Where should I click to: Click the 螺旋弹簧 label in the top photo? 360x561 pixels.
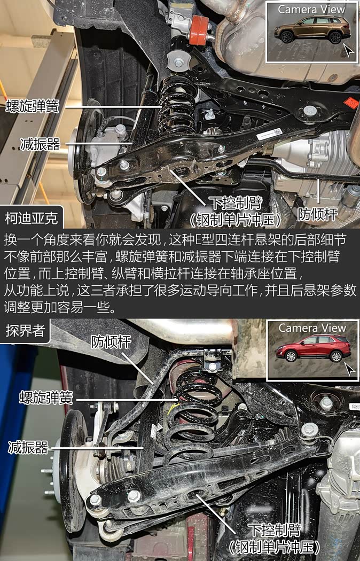pos(32,106)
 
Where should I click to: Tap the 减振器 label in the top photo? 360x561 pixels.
pos(40,144)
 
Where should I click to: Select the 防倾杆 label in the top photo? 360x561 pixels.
pos(318,214)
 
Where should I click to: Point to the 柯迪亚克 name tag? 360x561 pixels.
pos(32,218)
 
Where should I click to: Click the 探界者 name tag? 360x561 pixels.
pos(25,331)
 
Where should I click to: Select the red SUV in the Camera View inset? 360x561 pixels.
pos(313,348)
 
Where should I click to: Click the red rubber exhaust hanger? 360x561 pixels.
pos(199,31)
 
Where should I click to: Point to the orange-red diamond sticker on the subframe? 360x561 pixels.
pos(351,103)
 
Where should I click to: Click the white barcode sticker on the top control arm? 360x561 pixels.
pos(269,134)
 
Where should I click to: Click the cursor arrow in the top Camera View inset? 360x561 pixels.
pos(348,50)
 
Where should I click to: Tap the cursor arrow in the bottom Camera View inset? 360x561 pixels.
pos(349,369)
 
